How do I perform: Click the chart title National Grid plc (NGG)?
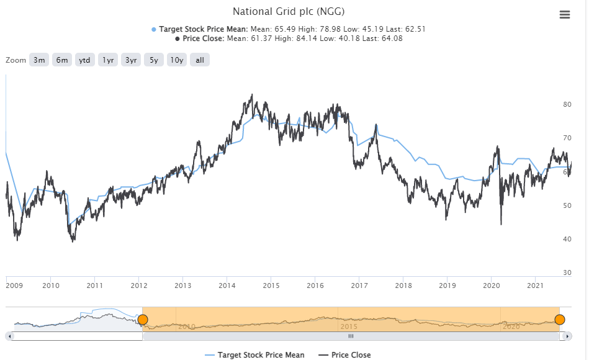pos(288,11)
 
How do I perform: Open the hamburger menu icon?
pos(564,15)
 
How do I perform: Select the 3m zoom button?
pos(39,60)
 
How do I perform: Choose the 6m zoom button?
pos(62,60)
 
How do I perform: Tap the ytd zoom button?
pos(85,60)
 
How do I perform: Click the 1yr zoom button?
pos(108,60)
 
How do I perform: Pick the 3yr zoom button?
pos(131,60)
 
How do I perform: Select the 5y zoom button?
pos(153,60)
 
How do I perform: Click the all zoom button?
pos(200,60)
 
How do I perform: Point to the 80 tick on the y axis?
pos(567,104)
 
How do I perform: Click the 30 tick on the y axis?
pos(567,272)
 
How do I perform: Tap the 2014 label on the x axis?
pos(227,286)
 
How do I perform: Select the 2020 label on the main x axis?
pos(492,286)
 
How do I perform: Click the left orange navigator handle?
pos(143,320)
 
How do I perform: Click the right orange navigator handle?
pos(559,320)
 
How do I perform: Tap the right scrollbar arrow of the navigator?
pos(568,336)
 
